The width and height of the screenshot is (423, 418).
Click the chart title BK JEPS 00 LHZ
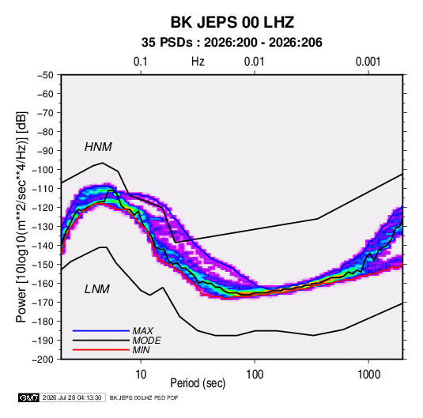[x=232, y=22]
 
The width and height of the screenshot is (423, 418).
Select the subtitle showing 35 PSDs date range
[x=232, y=43]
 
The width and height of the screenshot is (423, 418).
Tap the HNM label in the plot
[x=98, y=147]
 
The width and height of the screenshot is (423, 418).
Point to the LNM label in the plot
[x=97, y=289]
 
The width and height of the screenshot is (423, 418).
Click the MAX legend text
[x=143, y=331]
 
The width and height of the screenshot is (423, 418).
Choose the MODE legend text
[x=147, y=341]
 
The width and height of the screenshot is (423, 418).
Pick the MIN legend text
[x=141, y=350]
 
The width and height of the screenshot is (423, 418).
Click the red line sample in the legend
[x=101, y=350]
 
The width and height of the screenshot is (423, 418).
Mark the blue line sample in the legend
[x=101, y=330]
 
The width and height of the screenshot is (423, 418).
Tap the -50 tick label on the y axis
[x=45, y=75]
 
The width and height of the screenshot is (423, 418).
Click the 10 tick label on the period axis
[x=141, y=375]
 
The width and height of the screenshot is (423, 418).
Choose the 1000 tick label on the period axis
[x=368, y=375]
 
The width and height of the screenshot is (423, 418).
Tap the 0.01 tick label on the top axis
[x=254, y=62]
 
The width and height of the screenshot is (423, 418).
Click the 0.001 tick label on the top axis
[x=368, y=62]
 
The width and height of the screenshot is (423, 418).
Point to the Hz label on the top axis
[x=198, y=62]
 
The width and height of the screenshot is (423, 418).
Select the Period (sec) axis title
[x=198, y=383]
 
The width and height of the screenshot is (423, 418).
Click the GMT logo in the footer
[x=29, y=397]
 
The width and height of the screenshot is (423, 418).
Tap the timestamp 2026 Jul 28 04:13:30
[x=72, y=397]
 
